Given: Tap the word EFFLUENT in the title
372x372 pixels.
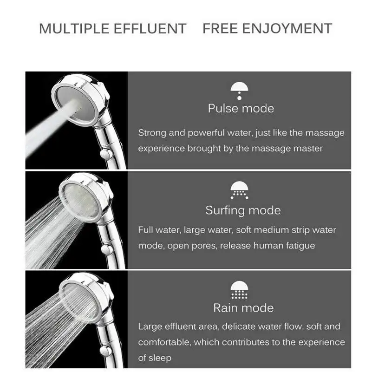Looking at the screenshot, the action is (x=150, y=29).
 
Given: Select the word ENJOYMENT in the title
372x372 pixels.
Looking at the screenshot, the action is (x=287, y=28).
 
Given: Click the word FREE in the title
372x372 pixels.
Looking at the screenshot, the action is (x=220, y=28).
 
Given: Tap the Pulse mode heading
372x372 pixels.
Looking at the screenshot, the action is (x=241, y=109).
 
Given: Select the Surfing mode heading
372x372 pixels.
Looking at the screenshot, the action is (x=243, y=211).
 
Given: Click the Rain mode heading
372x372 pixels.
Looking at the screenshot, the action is (x=243, y=308).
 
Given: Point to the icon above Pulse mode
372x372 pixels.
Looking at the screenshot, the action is (x=239, y=91).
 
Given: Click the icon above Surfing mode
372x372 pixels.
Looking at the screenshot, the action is (x=239, y=190).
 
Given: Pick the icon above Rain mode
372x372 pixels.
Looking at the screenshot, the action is (x=239, y=290).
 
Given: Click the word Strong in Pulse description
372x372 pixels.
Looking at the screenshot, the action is (x=152, y=133).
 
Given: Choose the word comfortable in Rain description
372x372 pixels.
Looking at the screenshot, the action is (x=164, y=342).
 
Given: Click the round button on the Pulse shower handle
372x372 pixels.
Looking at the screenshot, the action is (x=106, y=154).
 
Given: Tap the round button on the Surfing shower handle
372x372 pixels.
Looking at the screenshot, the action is (x=107, y=250).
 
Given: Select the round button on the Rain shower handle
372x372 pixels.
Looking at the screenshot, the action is (x=105, y=351).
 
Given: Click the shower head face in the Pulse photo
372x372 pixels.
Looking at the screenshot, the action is (x=76, y=103).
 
